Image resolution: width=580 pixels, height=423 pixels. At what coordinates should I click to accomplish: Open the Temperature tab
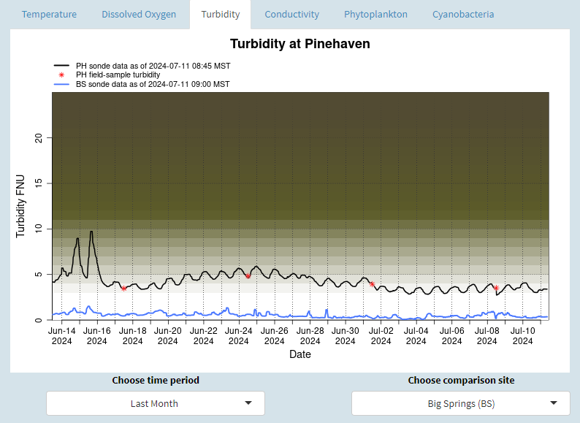(49, 15)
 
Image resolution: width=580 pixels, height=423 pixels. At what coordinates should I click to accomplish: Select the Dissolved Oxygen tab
(139, 15)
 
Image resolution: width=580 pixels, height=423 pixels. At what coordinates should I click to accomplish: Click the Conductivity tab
(291, 15)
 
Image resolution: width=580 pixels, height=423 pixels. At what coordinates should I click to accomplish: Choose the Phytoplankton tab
(375, 15)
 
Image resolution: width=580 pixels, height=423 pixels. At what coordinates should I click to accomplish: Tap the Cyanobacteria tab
(463, 15)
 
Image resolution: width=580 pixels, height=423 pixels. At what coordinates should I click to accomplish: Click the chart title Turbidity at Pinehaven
(299, 44)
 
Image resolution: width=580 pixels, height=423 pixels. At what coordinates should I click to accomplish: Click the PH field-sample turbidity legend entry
(118, 75)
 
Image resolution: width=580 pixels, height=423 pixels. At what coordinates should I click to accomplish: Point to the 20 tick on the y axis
(39, 137)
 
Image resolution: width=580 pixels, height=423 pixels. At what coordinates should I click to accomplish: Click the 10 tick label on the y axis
(39, 229)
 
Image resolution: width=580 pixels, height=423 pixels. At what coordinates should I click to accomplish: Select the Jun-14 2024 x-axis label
(61, 335)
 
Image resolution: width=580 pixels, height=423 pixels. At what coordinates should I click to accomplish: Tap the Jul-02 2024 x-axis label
(380, 335)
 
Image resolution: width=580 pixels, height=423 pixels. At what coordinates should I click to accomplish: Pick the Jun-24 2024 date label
(238, 335)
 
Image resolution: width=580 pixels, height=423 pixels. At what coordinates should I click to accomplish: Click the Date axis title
(299, 354)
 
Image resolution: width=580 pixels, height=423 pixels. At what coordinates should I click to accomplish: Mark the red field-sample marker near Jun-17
(124, 289)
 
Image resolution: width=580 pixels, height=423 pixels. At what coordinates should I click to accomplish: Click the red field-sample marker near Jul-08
(496, 288)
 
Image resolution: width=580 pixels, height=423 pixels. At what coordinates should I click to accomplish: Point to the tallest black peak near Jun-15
(91, 232)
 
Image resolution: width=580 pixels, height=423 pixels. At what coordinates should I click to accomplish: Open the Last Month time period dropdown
(155, 403)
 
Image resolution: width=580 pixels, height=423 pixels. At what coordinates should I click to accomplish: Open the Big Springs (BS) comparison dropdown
(460, 403)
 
